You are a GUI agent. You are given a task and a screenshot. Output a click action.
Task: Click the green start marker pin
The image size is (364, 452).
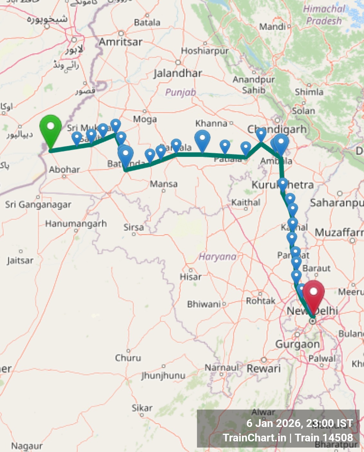click(50, 129)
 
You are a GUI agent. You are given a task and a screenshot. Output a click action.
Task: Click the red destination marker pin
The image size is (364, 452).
click(313, 294)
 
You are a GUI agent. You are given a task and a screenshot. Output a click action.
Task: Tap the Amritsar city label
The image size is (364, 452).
click(120, 42)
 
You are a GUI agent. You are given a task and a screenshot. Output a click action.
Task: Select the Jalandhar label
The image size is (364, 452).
click(178, 73)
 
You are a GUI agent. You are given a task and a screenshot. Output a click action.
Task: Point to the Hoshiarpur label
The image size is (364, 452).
click(205, 51)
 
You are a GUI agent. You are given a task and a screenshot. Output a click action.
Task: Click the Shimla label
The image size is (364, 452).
click(309, 92)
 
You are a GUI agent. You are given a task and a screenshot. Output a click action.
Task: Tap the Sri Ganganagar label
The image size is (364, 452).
click(38, 204)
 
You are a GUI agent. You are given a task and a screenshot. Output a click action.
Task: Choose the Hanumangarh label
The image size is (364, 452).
click(76, 223)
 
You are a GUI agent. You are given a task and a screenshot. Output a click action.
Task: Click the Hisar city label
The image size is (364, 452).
click(191, 276)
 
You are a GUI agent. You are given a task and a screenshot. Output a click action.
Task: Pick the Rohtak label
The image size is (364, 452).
click(261, 301)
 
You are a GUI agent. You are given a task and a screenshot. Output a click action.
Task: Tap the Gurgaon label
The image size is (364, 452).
click(297, 344)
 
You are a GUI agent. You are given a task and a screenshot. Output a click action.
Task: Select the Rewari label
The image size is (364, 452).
click(264, 368)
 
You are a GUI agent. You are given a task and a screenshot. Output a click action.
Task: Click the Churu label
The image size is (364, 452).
click(128, 358)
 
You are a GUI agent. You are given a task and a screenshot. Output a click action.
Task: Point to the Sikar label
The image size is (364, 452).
click(142, 408)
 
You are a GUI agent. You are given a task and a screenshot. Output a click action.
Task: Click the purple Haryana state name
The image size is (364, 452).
click(218, 257)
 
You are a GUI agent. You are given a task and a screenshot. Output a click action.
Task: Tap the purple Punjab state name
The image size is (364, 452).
click(181, 93)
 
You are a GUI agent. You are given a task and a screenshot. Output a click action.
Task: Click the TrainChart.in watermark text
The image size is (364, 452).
click(254, 438)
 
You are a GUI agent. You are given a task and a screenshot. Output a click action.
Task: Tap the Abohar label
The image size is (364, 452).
click(64, 169)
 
